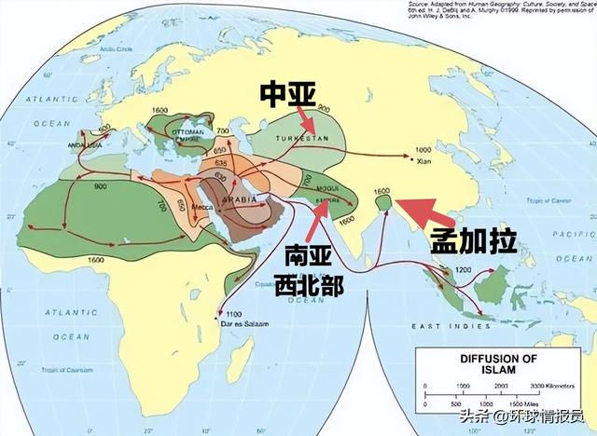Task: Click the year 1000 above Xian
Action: (424, 150)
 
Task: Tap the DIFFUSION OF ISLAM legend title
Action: (466, 361)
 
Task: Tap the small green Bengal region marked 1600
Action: (382, 198)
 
